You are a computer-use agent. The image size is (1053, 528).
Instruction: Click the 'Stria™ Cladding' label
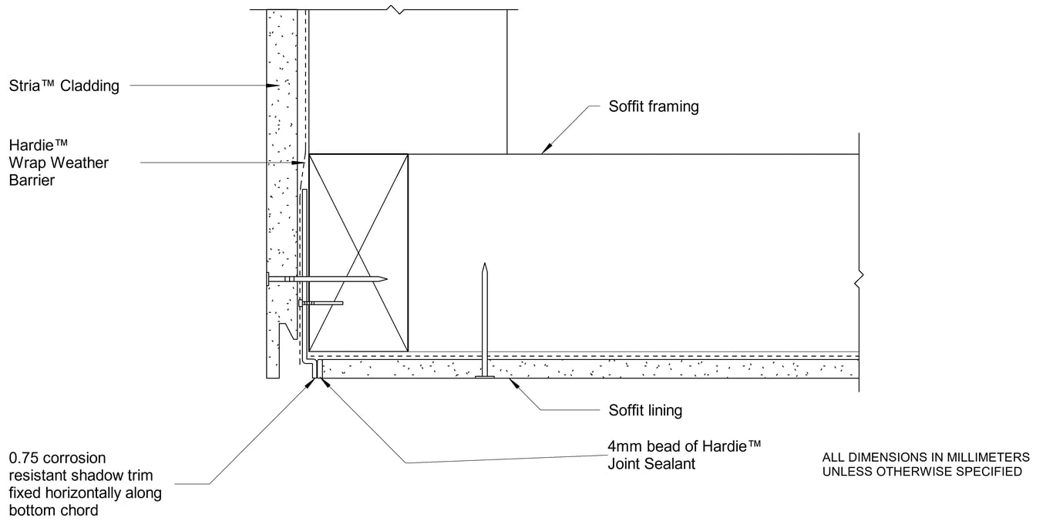[x=64, y=86]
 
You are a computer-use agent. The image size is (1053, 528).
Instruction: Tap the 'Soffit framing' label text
[x=653, y=106]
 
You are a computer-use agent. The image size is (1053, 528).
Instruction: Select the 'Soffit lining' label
[x=645, y=410]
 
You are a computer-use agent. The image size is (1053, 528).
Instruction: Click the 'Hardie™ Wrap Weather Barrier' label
[x=59, y=163]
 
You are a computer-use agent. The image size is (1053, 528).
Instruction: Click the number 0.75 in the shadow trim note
[x=22, y=458]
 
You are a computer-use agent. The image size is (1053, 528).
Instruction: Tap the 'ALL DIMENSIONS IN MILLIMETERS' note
[x=926, y=456]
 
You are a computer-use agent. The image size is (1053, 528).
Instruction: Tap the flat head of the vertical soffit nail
[x=484, y=377]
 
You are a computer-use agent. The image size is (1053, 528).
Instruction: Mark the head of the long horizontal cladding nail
[x=268, y=279]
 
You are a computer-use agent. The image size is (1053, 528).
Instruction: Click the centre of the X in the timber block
[x=358, y=251]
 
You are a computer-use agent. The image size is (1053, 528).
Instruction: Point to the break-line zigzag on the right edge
[x=859, y=280]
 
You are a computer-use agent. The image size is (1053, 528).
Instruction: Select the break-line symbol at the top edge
[x=395, y=10]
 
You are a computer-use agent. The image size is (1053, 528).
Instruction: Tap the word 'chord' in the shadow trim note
[x=81, y=510]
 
